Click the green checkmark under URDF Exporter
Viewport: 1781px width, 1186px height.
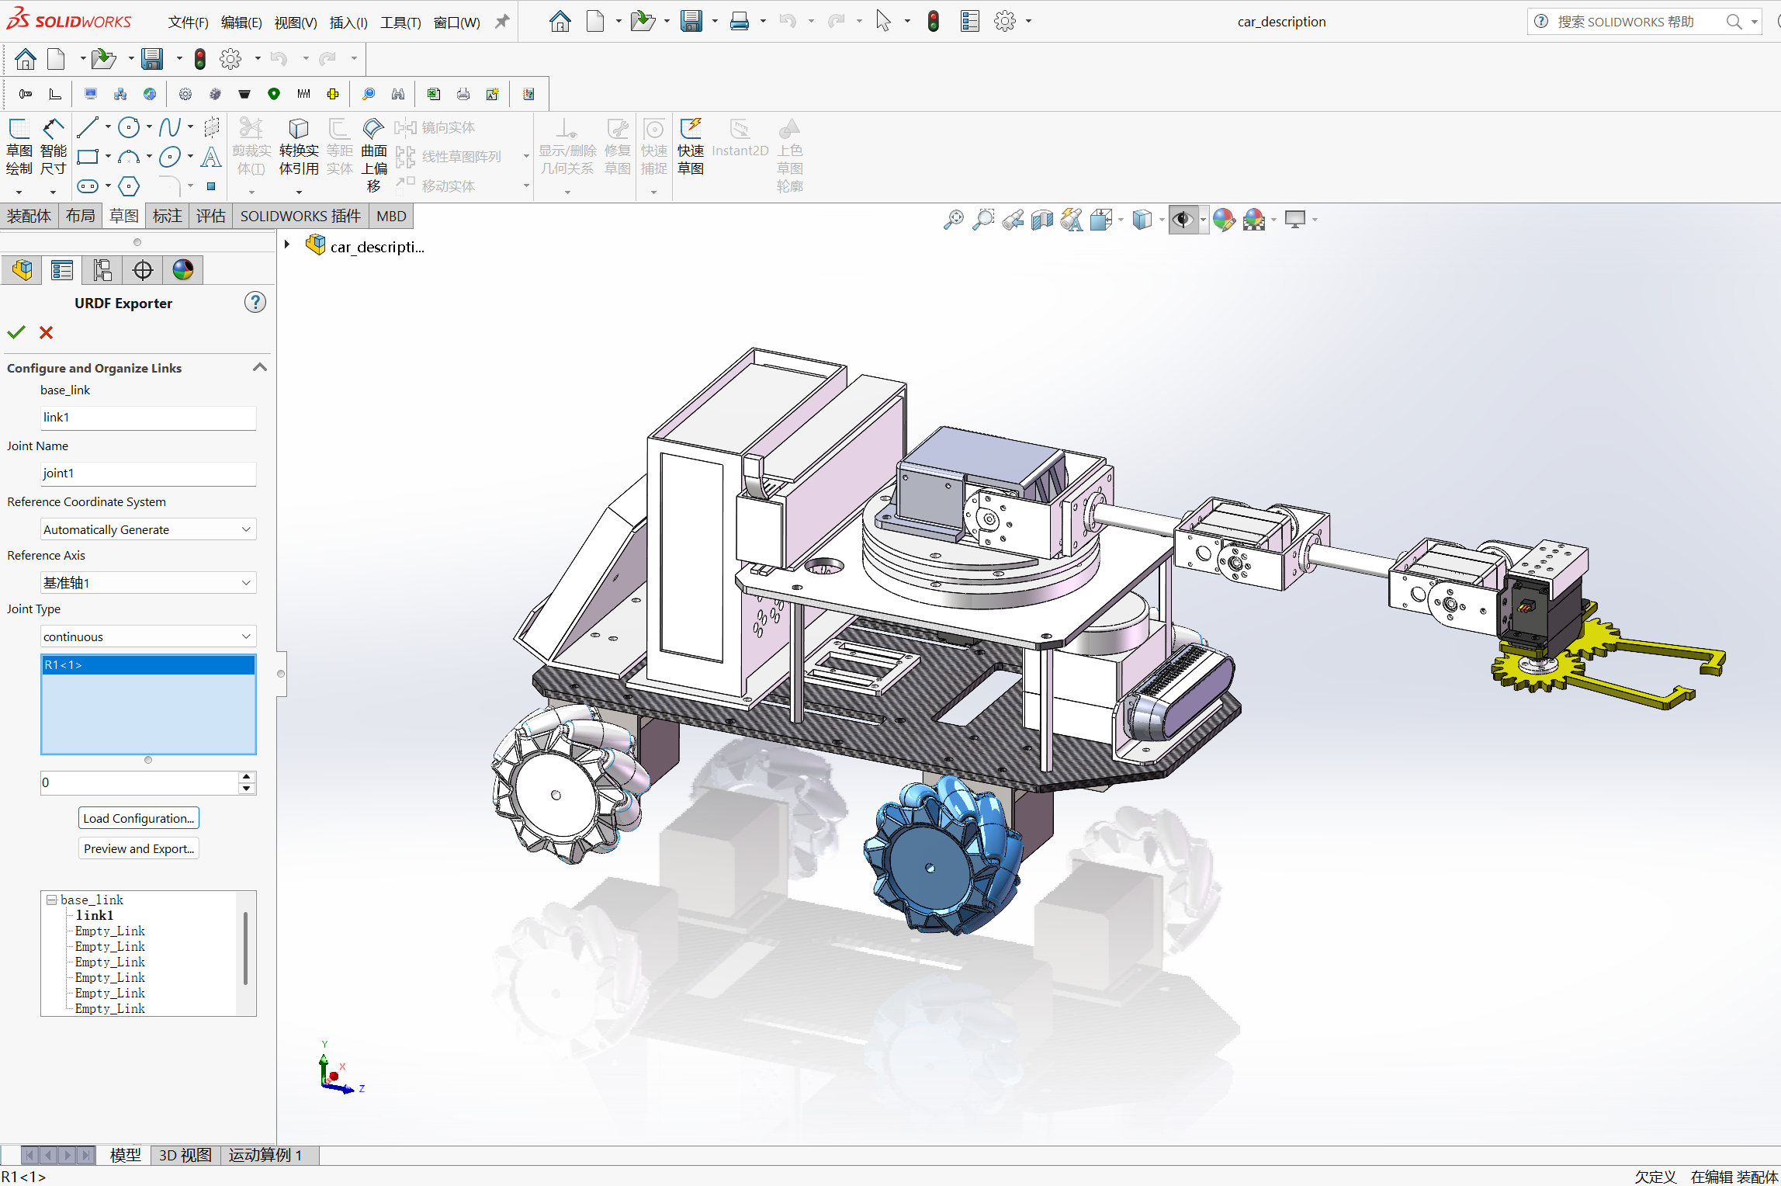point(16,333)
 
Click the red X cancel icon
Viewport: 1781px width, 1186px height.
point(47,333)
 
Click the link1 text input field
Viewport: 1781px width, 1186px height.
point(147,418)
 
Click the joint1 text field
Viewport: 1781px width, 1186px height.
point(147,473)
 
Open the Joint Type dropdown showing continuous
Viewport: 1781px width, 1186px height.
point(147,636)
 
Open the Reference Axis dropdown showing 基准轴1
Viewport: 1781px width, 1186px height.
point(147,583)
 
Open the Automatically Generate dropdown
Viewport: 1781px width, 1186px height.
point(147,529)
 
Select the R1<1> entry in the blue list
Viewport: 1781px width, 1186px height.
point(147,665)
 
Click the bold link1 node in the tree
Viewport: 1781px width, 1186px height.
point(95,916)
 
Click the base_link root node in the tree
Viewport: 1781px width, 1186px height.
point(92,900)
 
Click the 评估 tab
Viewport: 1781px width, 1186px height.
point(210,217)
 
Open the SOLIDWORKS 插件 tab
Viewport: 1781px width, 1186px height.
point(300,217)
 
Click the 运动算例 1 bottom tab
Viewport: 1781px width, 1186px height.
point(265,1155)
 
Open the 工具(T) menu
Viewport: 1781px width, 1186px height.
point(400,23)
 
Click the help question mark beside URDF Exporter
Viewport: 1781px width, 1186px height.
point(255,303)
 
